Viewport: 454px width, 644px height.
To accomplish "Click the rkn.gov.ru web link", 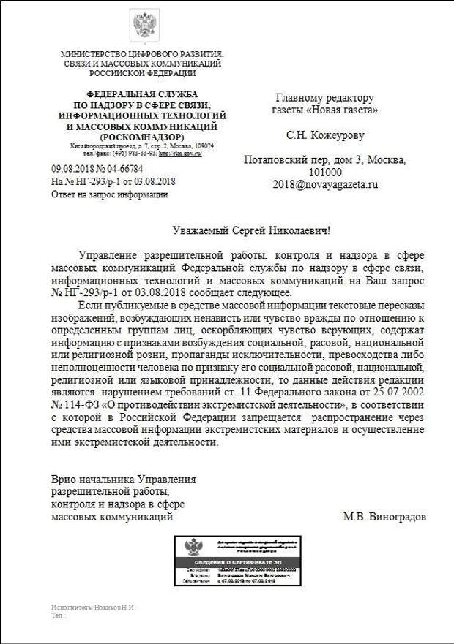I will pyautogui.click(x=181, y=154).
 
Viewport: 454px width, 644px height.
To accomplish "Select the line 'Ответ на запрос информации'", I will pyautogui.click(x=109, y=194).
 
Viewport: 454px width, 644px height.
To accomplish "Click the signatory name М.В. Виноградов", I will pyautogui.click(x=384, y=516).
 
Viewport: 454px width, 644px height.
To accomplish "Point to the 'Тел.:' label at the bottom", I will pyautogui.click(x=58, y=616).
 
